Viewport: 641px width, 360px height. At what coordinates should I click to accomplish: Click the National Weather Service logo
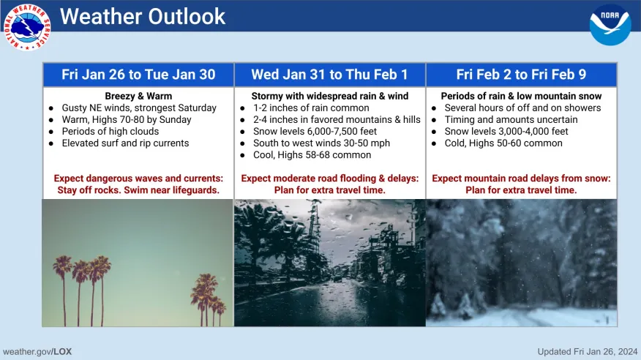pyautogui.click(x=27, y=26)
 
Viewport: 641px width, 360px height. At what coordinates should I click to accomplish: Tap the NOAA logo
pyautogui.click(x=610, y=25)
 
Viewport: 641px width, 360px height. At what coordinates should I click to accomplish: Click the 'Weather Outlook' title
pyautogui.click(x=143, y=16)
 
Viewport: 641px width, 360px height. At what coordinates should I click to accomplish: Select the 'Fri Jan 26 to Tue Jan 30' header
pyautogui.click(x=138, y=75)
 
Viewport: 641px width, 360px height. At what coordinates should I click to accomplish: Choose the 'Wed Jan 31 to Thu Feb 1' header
pyautogui.click(x=329, y=75)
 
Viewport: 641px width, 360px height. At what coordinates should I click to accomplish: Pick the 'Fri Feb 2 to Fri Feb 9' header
pyautogui.click(x=521, y=75)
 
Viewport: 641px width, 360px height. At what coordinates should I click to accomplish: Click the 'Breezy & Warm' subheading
pyautogui.click(x=138, y=96)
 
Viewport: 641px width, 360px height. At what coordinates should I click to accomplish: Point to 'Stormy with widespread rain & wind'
pyautogui.click(x=330, y=96)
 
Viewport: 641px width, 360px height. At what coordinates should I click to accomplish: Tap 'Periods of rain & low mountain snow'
pyautogui.click(x=521, y=96)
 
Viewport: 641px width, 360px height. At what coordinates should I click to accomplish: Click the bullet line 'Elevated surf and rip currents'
pyautogui.click(x=126, y=143)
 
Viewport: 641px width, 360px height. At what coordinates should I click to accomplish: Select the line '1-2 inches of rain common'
pyautogui.click(x=311, y=108)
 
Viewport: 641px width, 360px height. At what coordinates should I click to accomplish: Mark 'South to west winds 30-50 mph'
pyautogui.click(x=321, y=143)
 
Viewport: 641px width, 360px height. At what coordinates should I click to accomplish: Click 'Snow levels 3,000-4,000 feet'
pyautogui.click(x=506, y=131)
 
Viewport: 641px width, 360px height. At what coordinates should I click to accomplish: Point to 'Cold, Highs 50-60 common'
pyautogui.click(x=503, y=143)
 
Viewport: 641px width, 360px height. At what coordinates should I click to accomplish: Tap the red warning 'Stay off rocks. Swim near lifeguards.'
pyautogui.click(x=138, y=190)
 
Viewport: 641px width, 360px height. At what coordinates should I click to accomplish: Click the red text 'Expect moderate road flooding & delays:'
pyautogui.click(x=330, y=178)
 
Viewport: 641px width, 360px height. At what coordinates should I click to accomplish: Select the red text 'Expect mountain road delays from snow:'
pyautogui.click(x=521, y=178)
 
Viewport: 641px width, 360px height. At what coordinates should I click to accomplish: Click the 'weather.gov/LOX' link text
pyautogui.click(x=37, y=351)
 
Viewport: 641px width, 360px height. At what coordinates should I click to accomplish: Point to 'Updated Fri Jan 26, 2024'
pyautogui.click(x=588, y=351)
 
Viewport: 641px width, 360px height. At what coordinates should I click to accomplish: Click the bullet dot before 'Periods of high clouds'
pyautogui.click(x=51, y=132)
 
